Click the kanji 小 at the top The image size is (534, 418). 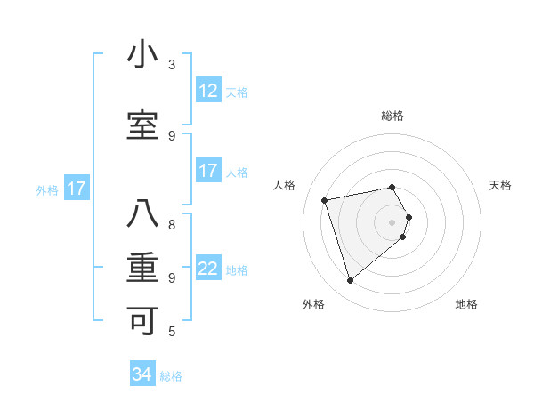tap(142, 55)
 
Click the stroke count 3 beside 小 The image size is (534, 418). tap(172, 65)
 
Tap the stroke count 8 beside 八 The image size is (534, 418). tap(172, 224)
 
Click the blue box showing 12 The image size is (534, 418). tap(208, 90)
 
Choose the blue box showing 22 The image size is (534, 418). tap(208, 269)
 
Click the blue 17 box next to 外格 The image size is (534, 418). tap(76, 189)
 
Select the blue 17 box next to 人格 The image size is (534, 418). tap(208, 171)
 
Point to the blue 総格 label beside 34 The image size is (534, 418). tap(171, 376)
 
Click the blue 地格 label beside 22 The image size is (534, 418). tap(237, 270)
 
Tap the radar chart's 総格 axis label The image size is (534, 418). tap(392, 116)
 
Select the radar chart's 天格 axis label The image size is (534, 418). tap(500, 185)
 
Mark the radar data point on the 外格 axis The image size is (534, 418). tap(350, 281)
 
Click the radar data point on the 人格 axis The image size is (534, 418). tap(325, 199)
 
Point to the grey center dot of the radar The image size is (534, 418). tap(392, 221)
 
